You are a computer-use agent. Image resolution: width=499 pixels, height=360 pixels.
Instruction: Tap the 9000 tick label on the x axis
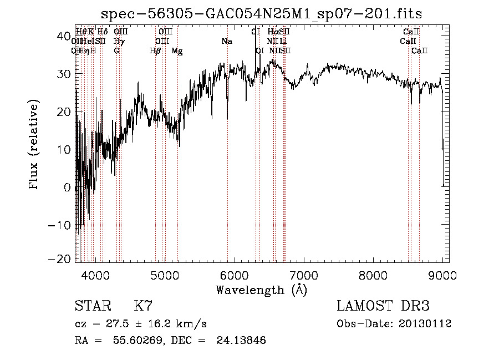pyautogui.click(x=442, y=275)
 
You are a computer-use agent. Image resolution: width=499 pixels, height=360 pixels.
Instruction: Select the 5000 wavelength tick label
pyautogui.click(x=165, y=275)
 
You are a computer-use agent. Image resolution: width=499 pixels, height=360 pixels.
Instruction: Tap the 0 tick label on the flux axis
pyautogui.click(x=68, y=187)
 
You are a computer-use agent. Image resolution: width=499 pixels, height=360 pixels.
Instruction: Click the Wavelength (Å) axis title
pyautogui.click(x=261, y=290)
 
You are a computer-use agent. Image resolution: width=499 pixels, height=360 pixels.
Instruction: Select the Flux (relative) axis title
pyautogui.click(x=34, y=145)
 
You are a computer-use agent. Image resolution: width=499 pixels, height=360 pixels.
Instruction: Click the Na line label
pyautogui.click(x=227, y=42)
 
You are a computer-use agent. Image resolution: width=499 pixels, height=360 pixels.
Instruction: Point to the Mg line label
pyautogui.click(x=177, y=51)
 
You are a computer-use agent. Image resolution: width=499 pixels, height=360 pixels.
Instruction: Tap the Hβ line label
pyautogui.click(x=155, y=51)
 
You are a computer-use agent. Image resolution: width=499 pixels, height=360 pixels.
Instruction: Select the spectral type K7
pyautogui.click(x=143, y=306)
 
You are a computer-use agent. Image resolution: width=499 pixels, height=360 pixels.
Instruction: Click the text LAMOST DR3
pyautogui.click(x=383, y=306)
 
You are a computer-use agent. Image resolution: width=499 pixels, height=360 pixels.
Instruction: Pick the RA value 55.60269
pyautogui.click(x=133, y=341)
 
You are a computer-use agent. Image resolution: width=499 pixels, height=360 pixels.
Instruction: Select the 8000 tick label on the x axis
pyautogui.click(x=373, y=275)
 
